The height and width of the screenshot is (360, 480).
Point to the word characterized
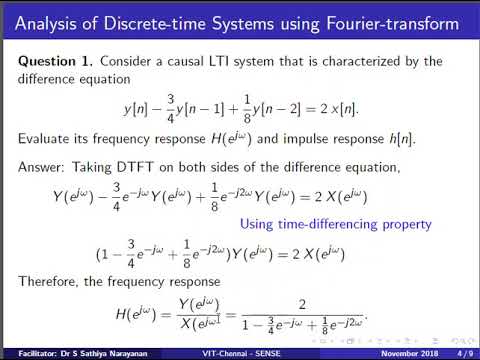coord(373,62)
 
